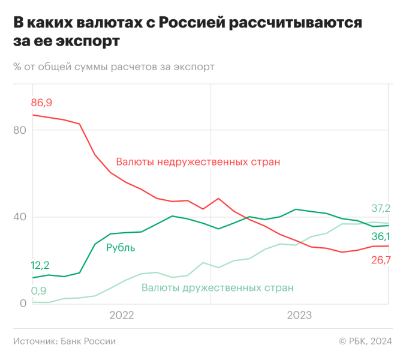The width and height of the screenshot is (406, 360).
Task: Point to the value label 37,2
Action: (x=380, y=208)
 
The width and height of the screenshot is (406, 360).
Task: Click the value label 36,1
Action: (x=380, y=236)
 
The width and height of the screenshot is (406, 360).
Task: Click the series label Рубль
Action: (x=121, y=247)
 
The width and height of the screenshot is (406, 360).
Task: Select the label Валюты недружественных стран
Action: (x=198, y=162)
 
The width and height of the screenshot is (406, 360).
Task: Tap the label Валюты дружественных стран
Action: (x=217, y=287)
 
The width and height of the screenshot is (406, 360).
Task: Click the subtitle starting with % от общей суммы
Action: (x=113, y=66)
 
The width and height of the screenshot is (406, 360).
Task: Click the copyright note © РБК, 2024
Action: (x=365, y=341)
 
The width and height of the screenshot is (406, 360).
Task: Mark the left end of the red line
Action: (x=32, y=115)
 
